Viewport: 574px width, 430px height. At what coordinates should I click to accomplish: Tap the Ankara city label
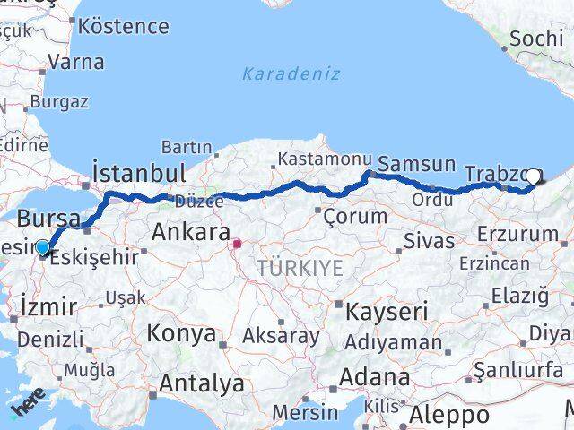pyautogui.click(x=190, y=232)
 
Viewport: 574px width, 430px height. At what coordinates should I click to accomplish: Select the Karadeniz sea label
pyautogui.click(x=291, y=73)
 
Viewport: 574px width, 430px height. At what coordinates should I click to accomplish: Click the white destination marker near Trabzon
pyautogui.click(x=535, y=177)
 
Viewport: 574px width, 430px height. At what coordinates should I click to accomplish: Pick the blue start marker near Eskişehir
pyautogui.click(x=42, y=247)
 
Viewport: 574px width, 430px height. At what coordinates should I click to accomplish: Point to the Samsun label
pyautogui.click(x=416, y=164)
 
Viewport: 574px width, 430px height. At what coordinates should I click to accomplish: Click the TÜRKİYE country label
pyautogui.click(x=300, y=267)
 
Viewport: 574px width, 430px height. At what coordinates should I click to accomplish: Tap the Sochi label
pyautogui.click(x=536, y=39)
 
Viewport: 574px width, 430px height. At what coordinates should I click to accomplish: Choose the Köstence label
pyautogui.click(x=130, y=25)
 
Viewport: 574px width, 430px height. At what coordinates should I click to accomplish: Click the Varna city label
pyautogui.click(x=75, y=63)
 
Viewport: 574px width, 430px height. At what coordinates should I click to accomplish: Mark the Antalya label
pyautogui.click(x=201, y=383)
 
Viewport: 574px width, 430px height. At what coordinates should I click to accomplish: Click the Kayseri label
pyautogui.click(x=387, y=313)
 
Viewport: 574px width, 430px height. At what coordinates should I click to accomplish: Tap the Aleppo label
pyautogui.click(x=451, y=415)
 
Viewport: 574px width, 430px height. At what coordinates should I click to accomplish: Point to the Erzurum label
pyautogui.click(x=518, y=234)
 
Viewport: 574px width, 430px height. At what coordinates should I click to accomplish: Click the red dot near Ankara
pyautogui.click(x=237, y=244)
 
